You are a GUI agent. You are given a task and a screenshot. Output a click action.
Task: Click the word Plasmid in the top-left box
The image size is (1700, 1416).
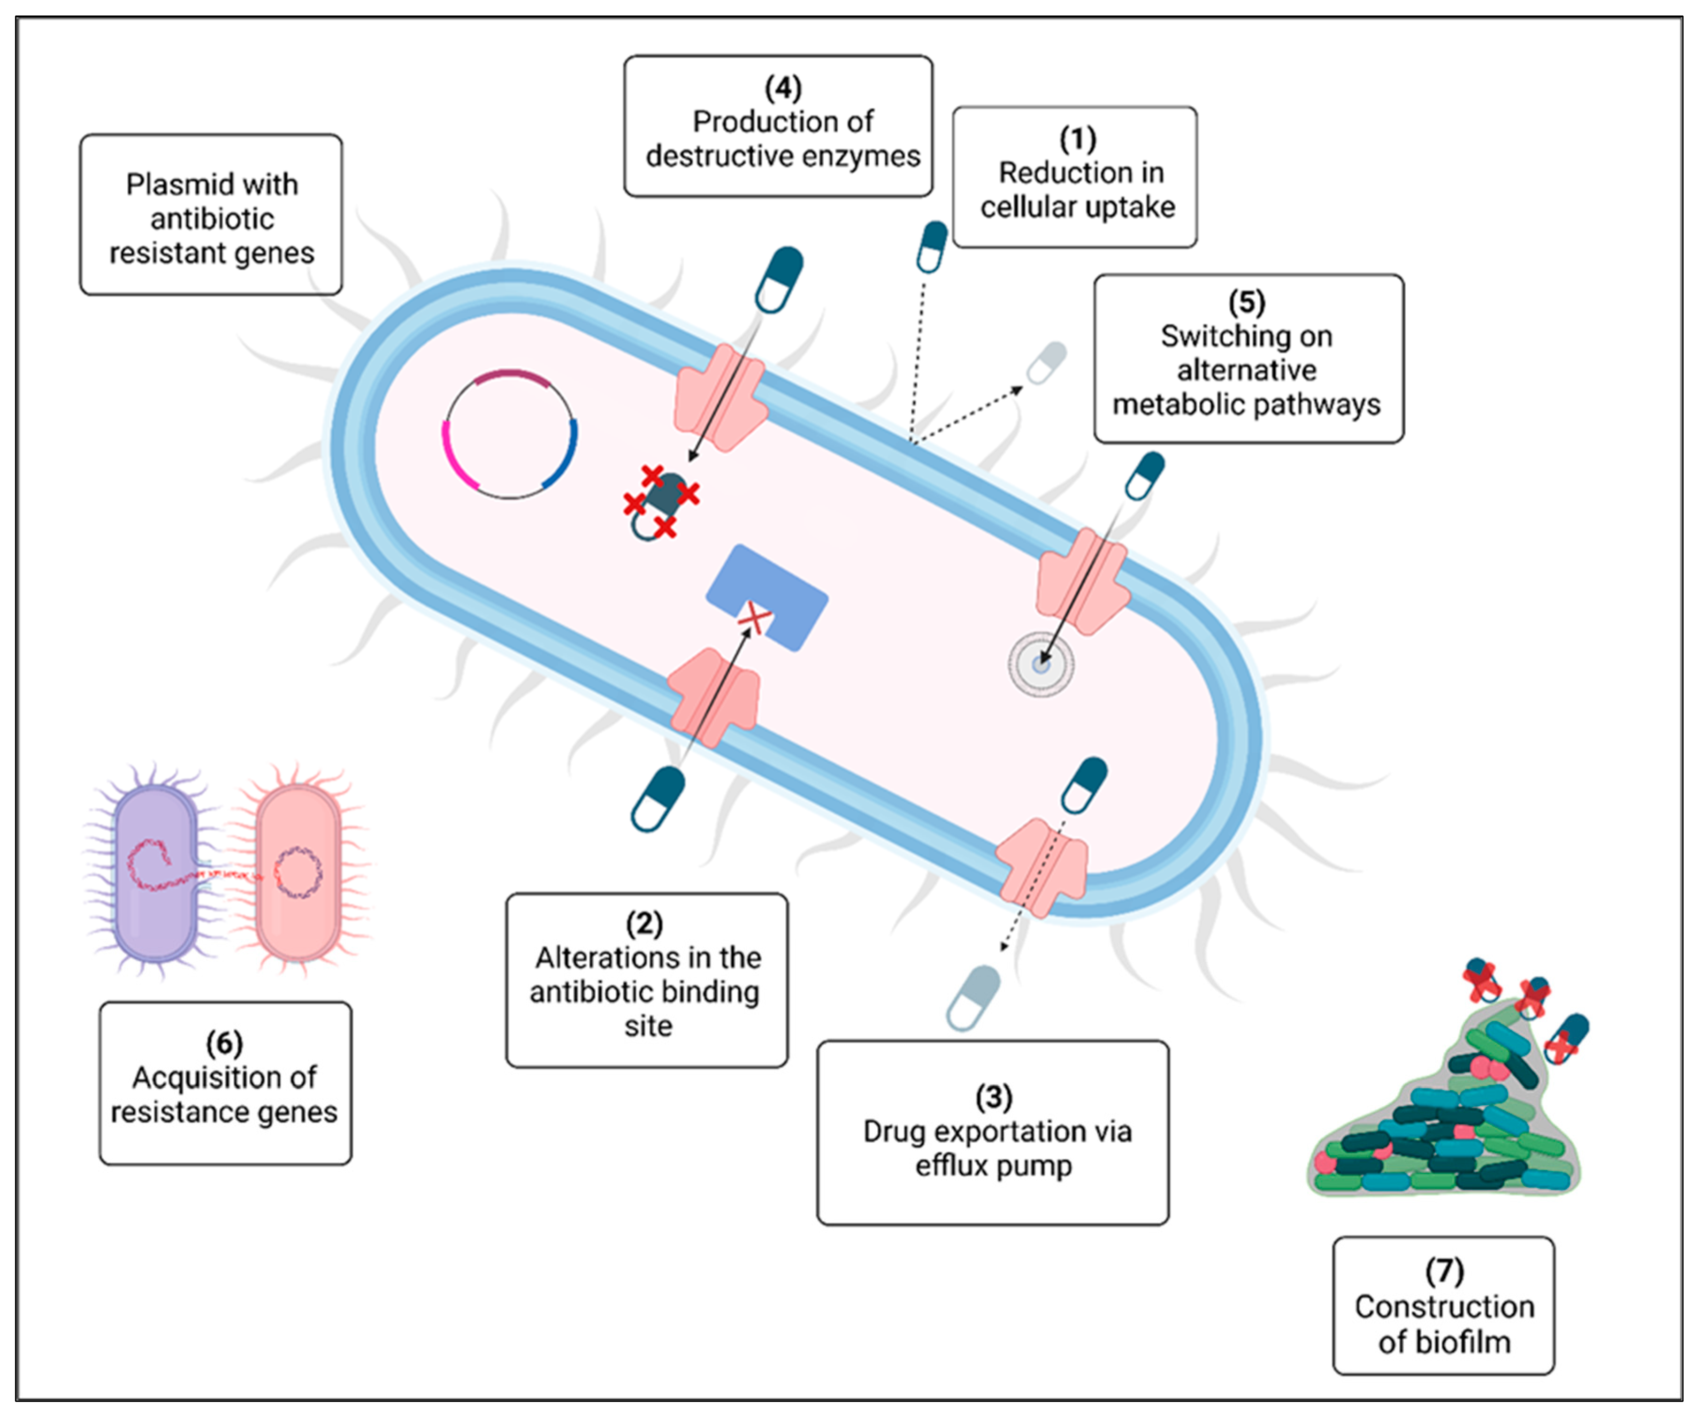[166, 184]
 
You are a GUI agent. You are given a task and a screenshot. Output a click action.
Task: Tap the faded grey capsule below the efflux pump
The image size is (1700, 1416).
[974, 996]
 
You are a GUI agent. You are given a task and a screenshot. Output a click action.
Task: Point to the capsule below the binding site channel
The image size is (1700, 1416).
[658, 799]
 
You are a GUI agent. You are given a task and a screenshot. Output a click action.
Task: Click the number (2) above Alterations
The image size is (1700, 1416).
[644, 923]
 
